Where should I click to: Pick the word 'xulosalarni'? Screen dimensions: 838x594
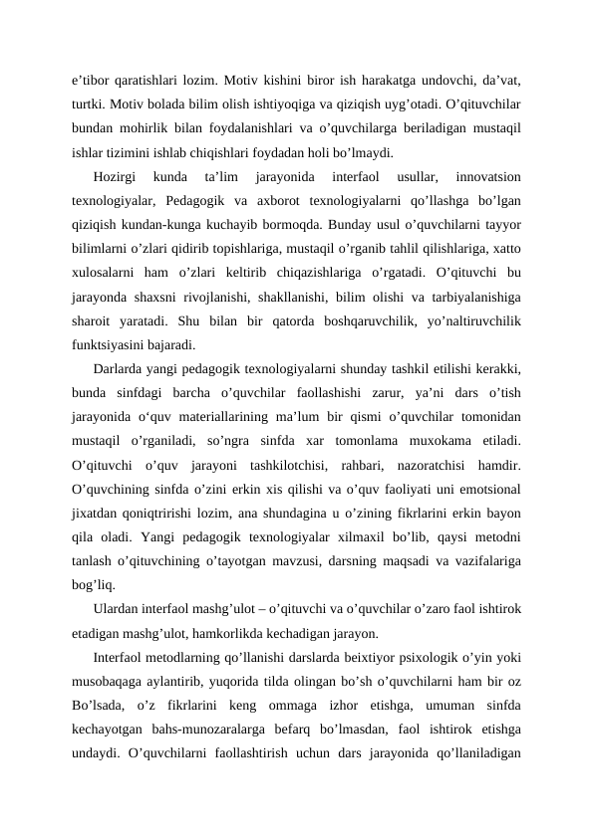click(x=105, y=273)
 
